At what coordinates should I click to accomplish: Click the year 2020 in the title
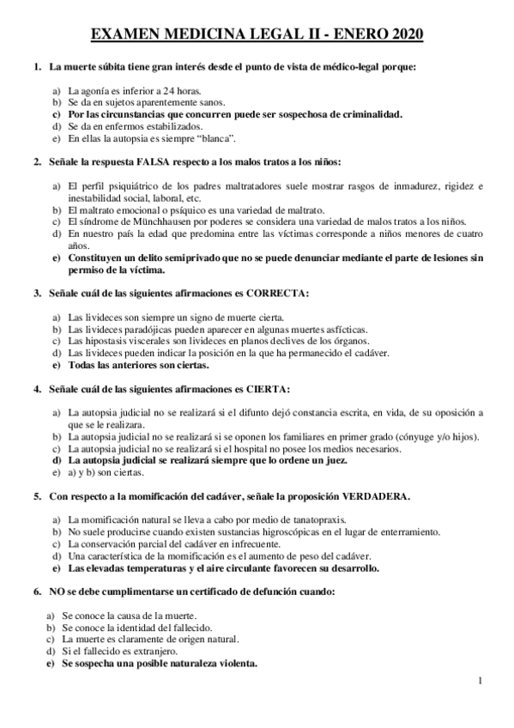click(x=402, y=33)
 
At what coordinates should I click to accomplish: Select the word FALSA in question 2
click(x=158, y=161)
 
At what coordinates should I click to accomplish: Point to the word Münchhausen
click(x=154, y=221)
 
